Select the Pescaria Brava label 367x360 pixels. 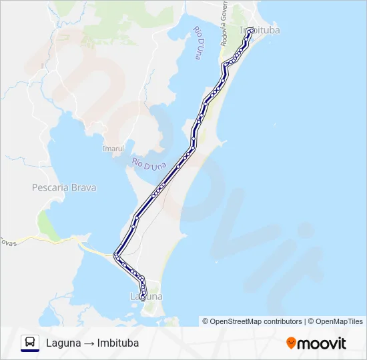click(64, 188)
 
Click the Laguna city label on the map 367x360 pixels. click(145, 296)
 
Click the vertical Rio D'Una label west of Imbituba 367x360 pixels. click(198, 43)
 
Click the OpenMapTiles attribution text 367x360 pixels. click(339, 321)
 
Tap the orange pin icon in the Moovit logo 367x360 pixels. click(291, 343)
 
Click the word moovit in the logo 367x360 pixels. click(322, 343)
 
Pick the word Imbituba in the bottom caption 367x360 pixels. click(118, 343)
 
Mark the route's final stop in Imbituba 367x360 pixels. click(250, 31)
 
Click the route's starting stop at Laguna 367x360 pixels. click(143, 298)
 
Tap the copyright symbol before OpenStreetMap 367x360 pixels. click(206, 321)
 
